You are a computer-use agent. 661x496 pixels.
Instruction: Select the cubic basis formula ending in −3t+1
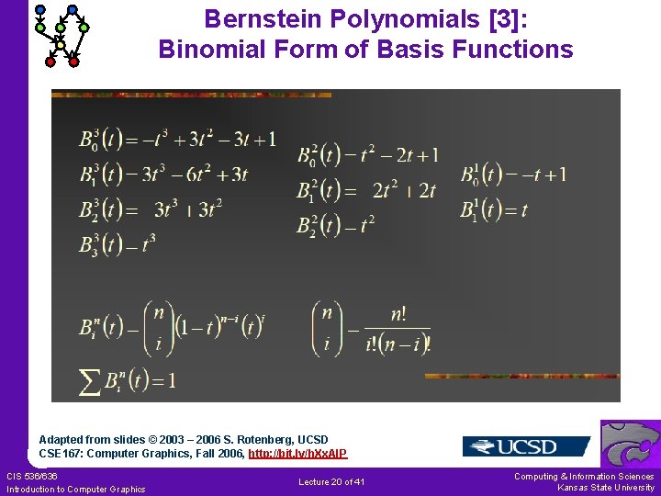(x=177, y=140)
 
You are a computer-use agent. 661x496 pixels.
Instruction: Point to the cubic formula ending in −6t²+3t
(x=163, y=174)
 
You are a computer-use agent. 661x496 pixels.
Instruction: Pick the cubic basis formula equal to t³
(x=118, y=243)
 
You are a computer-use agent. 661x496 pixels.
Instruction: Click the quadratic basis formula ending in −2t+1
(x=367, y=154)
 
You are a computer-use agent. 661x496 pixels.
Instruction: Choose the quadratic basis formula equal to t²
(x=335, y=224)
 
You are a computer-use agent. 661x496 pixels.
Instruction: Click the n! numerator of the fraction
(x=398, y=314)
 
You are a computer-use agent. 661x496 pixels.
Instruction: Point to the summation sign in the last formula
(x=90, y=380)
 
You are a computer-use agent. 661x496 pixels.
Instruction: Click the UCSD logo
(x=525, y=446)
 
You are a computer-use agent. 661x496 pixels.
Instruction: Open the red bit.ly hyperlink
(x=297, y=454)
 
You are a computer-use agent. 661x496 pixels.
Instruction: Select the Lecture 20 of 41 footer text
(x=331, y=482)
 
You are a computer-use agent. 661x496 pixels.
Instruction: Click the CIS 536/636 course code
(x=31, y=476)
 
